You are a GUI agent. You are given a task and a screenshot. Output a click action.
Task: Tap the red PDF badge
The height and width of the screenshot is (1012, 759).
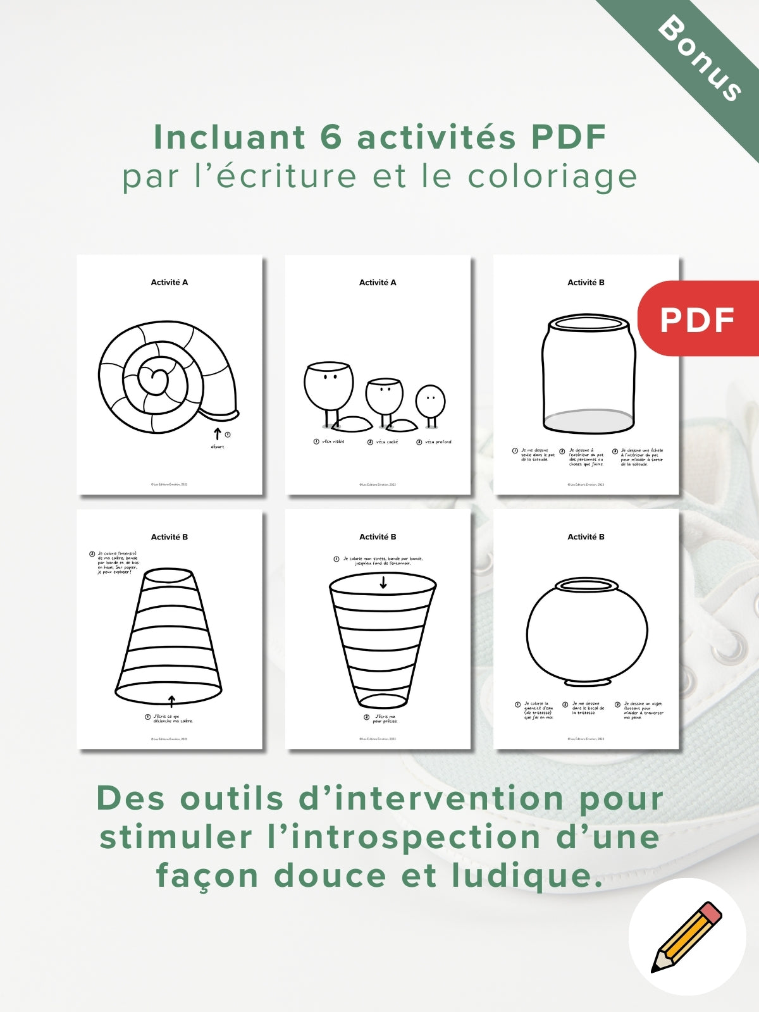click(697, 319)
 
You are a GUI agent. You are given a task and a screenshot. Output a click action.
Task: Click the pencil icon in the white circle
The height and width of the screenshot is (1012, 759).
click(686, 937)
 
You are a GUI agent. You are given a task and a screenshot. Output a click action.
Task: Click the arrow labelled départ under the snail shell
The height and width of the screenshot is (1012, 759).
click(217, 434)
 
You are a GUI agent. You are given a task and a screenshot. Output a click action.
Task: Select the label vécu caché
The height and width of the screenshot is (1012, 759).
click(386, 441)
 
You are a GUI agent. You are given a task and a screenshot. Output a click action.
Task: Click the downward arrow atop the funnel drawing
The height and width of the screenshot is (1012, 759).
click(383, 583)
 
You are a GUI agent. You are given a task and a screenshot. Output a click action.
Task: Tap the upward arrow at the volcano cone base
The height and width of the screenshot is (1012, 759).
click(171, 700)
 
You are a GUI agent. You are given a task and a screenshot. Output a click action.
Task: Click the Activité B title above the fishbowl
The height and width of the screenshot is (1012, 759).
click(586, 536)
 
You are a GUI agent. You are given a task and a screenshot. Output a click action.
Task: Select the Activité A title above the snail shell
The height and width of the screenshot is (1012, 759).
click(169, 282)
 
